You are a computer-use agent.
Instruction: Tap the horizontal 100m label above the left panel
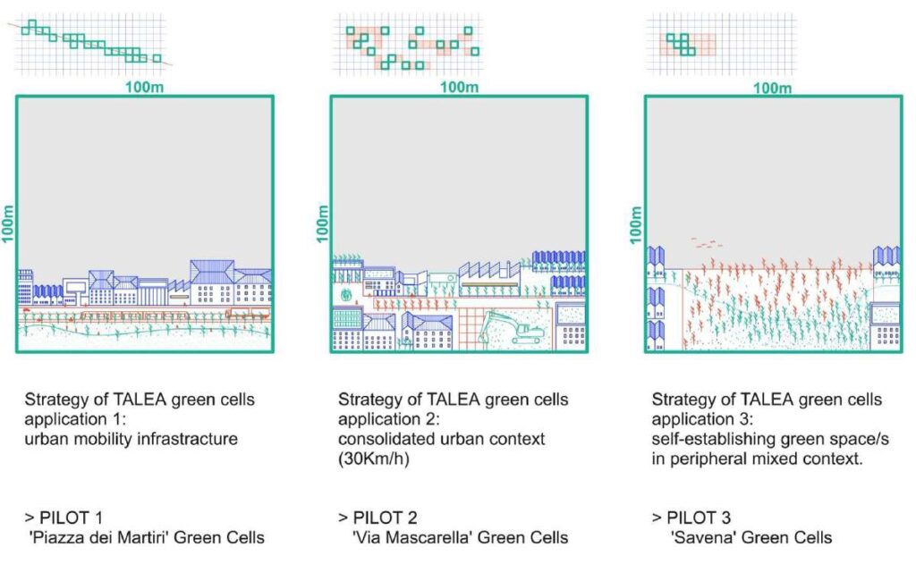tap(144, 87)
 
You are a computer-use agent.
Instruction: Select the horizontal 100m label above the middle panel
tap(459, 87)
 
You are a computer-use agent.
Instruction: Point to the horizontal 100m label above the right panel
tap(773, 88)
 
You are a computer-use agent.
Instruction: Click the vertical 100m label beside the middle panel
tap(323, 223)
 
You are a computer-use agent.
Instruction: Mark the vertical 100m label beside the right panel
tap(636, 223)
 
